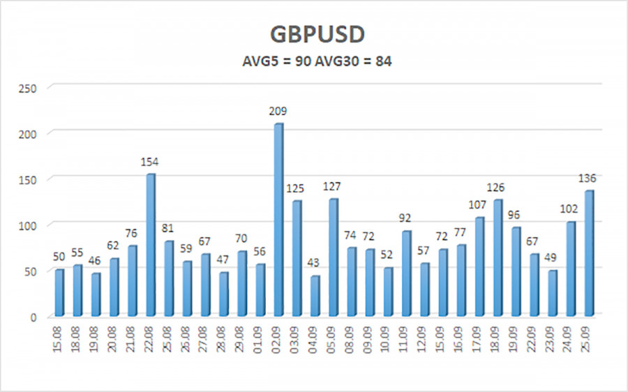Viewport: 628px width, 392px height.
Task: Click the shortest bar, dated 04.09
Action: coord(315,296)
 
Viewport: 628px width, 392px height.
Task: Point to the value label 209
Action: coord(278,112)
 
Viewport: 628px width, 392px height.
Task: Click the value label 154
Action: coord(150,162)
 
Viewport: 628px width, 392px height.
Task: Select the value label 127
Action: coord(333,186)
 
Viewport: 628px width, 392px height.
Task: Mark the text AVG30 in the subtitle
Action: coord(339,61)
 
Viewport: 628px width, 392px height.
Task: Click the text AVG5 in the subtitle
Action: coord(259,61)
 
